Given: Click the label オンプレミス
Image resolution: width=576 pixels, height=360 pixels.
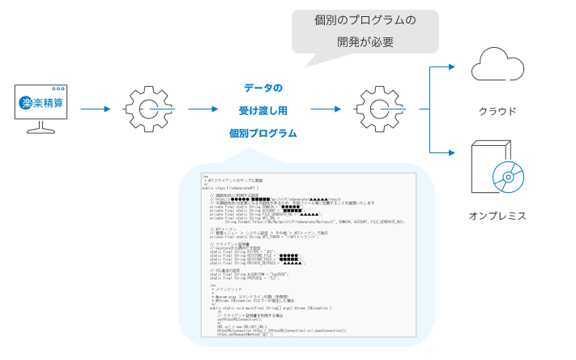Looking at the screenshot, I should point(497,216).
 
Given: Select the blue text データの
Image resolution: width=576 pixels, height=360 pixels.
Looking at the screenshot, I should point(263,87).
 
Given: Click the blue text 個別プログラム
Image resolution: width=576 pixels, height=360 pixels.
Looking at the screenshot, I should point(263,131).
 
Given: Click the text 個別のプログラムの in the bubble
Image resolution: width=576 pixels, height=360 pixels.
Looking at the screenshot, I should point(365,19).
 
